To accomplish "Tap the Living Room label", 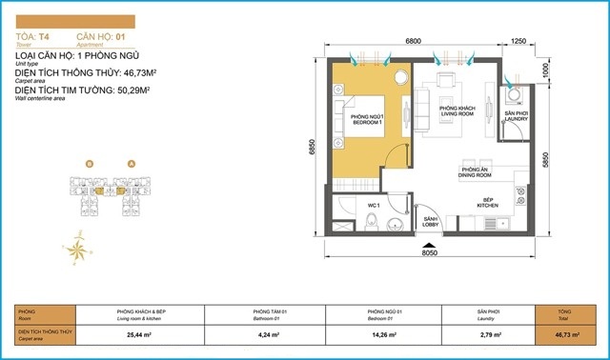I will [457, 112].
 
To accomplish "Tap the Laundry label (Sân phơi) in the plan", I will [514, 116].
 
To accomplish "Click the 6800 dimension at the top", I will [414, 42].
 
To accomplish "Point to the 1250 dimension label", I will [518, 42].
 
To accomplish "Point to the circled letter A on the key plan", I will [131, 163].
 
